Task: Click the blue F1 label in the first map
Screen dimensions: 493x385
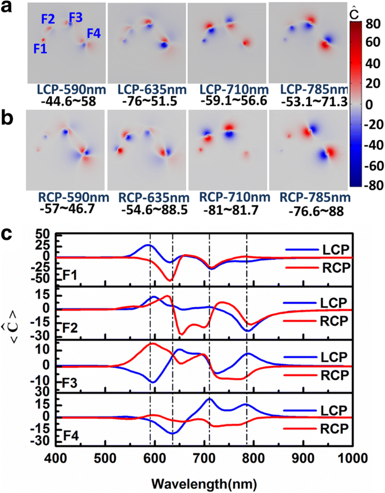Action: pyautogui.click(x=40, y=49)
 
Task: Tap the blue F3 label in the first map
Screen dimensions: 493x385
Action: pyautogui.click(x=75, y=18)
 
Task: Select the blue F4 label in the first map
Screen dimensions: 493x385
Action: pyautogui.click(x=93, y=34)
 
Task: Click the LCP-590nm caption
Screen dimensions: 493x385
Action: pyautogui.click(x=66, y=90)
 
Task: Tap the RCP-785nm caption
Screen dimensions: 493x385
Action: pyautogui.click(x=307, y=197)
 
